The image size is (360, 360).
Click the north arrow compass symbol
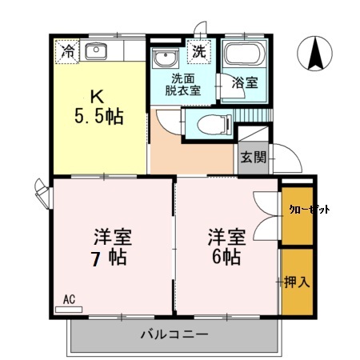tap(315, 54)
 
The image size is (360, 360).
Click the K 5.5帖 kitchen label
tap(98, 104)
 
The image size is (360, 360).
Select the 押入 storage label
tap(296, 282)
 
